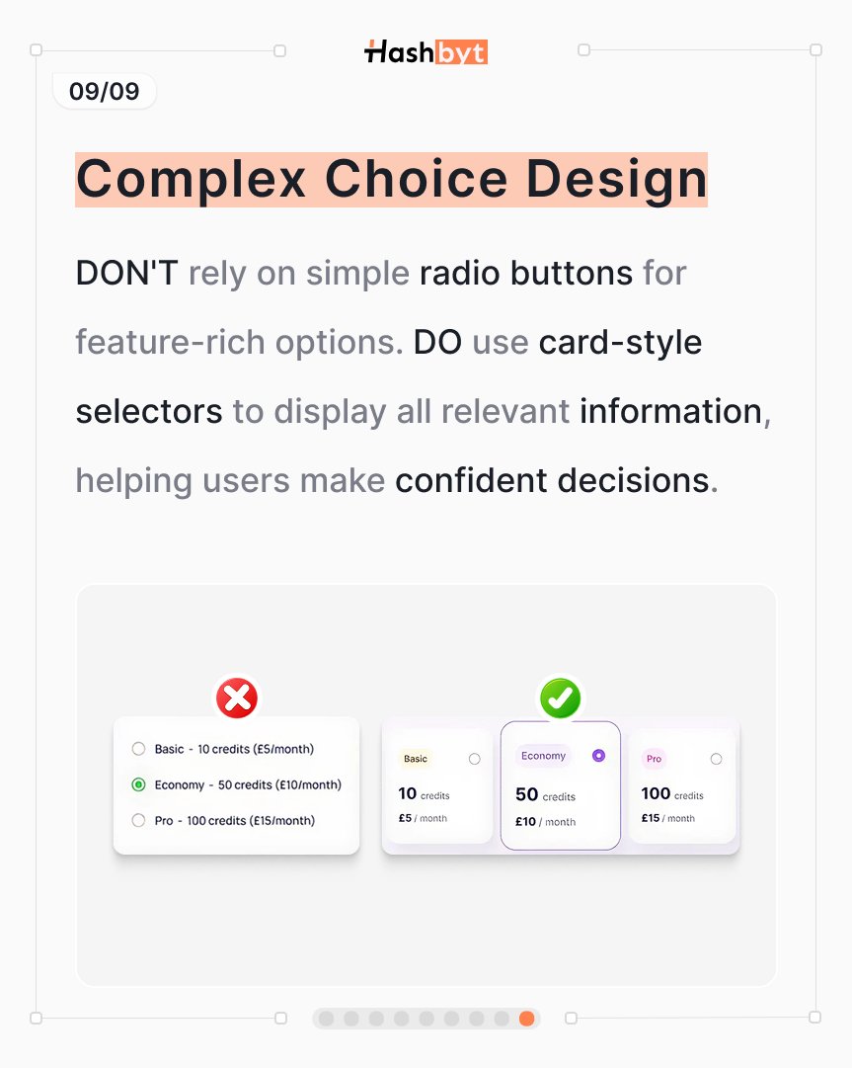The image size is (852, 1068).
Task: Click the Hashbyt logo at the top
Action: (426, 52)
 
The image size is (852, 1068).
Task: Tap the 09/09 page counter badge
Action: (104, 92)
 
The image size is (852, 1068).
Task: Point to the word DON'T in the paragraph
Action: (126, 273)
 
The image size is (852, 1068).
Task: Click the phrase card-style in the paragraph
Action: (620, 342)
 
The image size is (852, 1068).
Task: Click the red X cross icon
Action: (237, 698)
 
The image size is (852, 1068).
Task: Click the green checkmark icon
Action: (560, 698)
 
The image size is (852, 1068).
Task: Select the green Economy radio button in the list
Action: (138, 784)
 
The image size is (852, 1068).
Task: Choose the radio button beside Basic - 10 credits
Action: (138, 749)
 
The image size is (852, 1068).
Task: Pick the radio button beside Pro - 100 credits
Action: (138, 820)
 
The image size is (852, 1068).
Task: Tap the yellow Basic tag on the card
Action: (416, 759)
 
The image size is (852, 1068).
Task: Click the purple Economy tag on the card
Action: (543, 756)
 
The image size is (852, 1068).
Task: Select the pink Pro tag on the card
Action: (654, 759)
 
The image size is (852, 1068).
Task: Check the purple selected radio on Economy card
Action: (598, 756)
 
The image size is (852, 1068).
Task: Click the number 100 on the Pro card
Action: (656, 793)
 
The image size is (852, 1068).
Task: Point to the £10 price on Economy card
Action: (525, 821)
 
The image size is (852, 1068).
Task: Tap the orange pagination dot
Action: (526, 1019)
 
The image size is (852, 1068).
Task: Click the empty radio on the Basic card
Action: (475, 759)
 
